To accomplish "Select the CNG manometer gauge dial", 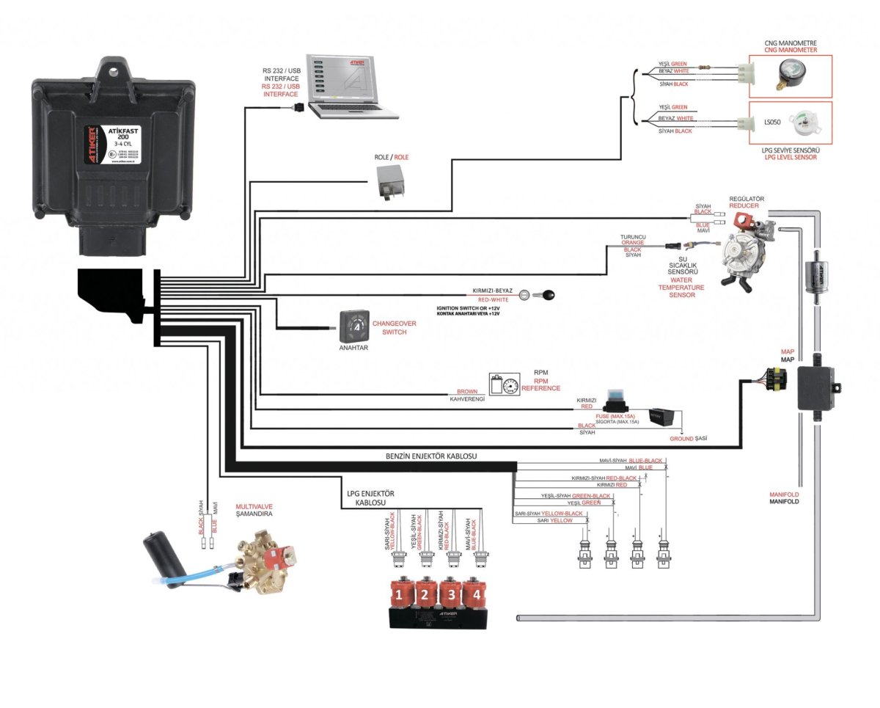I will (x=789, y=74).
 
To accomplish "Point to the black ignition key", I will (x=545, y=296).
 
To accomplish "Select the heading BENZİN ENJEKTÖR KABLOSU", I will (x=431, y=456).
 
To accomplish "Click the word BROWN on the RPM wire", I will (x=466, y=392).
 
